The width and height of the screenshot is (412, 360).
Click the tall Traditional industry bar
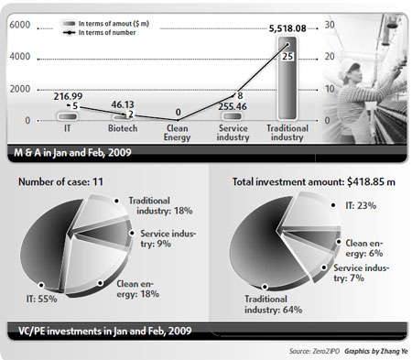click(x=287, y=82)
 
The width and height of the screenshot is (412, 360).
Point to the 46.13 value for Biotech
click(x=126, y=106)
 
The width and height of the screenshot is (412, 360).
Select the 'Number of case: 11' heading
click(x=62, y=180)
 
